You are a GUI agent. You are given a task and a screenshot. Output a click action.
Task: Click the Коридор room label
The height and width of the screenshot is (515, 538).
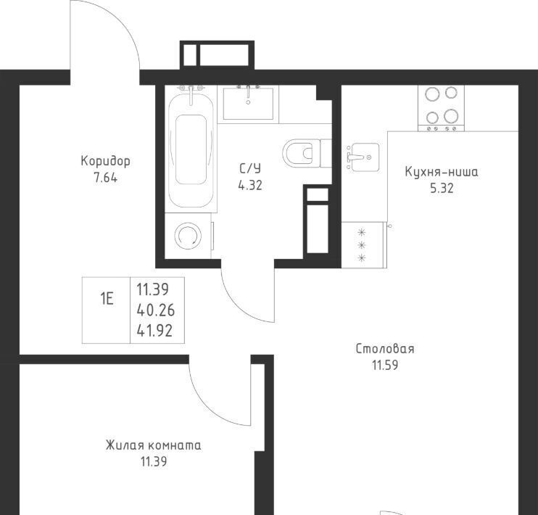105,161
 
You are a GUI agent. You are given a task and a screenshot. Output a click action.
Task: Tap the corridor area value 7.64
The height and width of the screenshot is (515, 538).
106,178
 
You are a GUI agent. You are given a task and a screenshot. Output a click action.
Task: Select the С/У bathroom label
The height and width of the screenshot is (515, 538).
250,168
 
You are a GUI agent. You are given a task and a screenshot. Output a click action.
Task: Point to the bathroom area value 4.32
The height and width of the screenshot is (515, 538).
250,186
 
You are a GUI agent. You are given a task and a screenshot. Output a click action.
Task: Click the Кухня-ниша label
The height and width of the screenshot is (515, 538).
442,171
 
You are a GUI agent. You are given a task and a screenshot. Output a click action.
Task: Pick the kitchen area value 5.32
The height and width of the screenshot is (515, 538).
442,188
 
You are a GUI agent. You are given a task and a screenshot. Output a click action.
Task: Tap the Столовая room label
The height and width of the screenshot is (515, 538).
385,349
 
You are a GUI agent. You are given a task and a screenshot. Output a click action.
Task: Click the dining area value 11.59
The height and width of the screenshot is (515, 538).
385,366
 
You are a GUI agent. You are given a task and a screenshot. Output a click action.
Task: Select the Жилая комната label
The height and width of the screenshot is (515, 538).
154,445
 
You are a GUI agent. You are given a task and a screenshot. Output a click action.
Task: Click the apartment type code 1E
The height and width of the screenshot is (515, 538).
107,299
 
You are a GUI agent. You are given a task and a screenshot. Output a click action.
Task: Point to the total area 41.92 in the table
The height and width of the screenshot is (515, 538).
154,331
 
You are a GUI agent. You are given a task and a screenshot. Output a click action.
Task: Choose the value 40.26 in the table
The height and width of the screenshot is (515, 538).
155,310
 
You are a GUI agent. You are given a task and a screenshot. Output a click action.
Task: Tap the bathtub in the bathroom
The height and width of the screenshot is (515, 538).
191,148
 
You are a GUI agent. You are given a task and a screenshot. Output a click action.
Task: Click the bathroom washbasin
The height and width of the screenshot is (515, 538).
249,103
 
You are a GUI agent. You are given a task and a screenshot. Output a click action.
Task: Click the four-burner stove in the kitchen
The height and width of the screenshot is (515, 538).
441,107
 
